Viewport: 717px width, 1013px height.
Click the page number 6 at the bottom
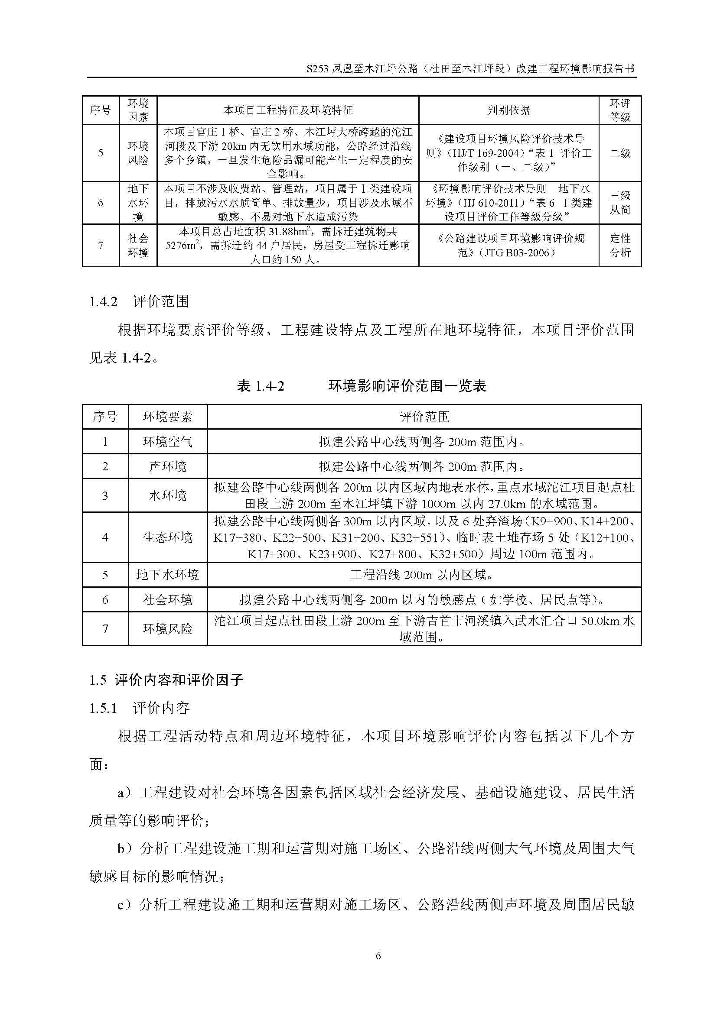pos(378,956)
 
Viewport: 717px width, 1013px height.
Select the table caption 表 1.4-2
pos(261,386)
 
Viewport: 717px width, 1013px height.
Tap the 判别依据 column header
pos(508,110)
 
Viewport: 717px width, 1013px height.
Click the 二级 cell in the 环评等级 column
pos(620,153)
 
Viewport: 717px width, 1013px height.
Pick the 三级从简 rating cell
pos(620,203)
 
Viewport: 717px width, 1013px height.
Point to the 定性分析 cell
pos(620,245)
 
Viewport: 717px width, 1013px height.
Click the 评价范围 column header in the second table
pos(424,417)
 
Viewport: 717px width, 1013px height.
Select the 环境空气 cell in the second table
pos(167,442)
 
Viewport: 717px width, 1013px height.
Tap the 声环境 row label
pos(167,466)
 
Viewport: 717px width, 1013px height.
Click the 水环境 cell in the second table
pos(167,495)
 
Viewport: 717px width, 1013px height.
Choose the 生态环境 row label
pos(167,537)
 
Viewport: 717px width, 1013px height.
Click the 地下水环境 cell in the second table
pos(167,574)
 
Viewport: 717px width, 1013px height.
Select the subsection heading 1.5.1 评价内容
pos(139,708)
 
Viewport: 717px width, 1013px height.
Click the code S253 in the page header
pos(317,69)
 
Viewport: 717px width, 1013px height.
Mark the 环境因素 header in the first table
pos(138,110)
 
